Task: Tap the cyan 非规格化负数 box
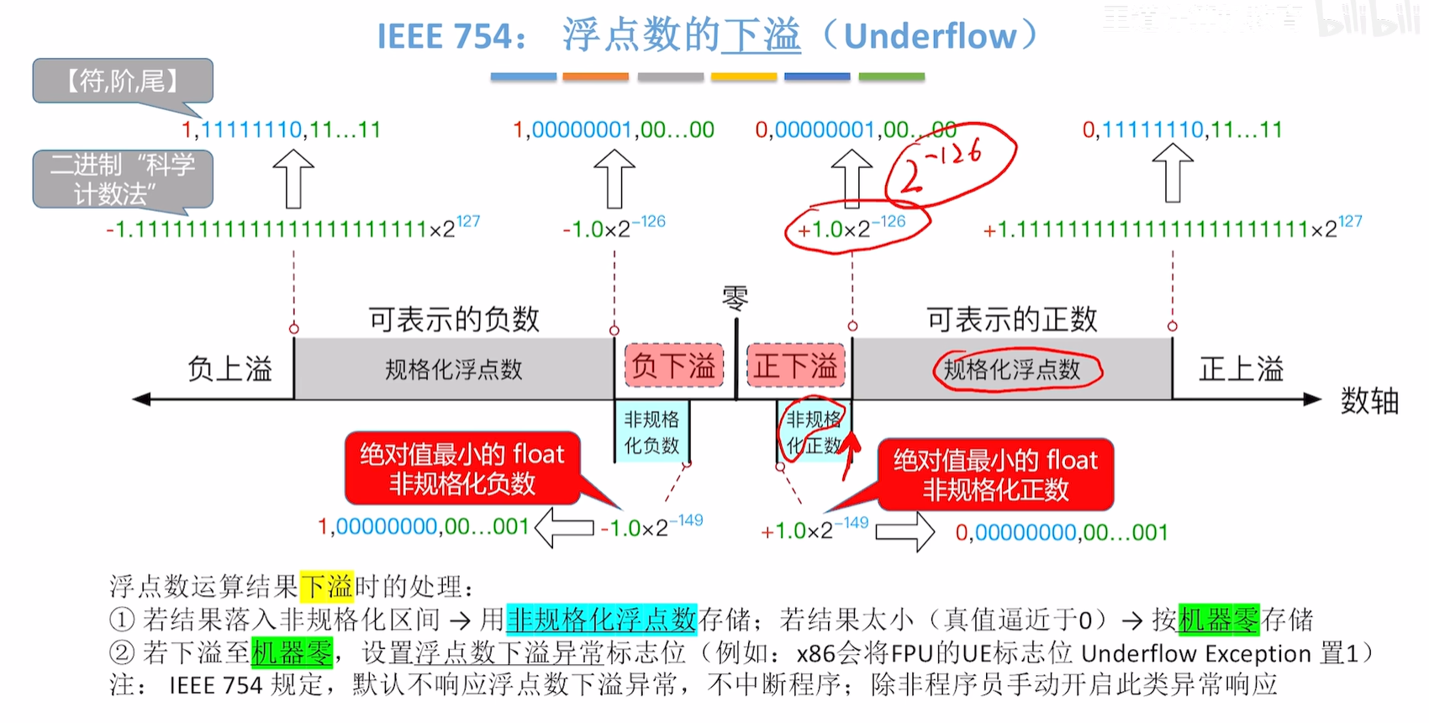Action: (651, 431)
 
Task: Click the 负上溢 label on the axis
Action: (229, 369)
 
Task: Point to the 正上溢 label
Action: (1241, 369)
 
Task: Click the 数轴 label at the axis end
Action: (1369, 401)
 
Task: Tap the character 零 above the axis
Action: (736, 298)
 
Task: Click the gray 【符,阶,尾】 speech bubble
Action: (123, 82)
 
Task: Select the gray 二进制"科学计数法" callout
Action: (123, 179)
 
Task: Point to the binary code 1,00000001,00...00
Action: (614, 129)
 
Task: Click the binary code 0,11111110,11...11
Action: (1182, 129)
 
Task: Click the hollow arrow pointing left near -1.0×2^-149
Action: (564, 528)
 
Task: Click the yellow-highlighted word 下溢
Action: (327, 586)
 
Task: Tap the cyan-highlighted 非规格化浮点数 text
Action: (601, 620)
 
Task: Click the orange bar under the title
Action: (595, 77)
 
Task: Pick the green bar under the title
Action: (892, 77)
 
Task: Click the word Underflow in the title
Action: (930, 36)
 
